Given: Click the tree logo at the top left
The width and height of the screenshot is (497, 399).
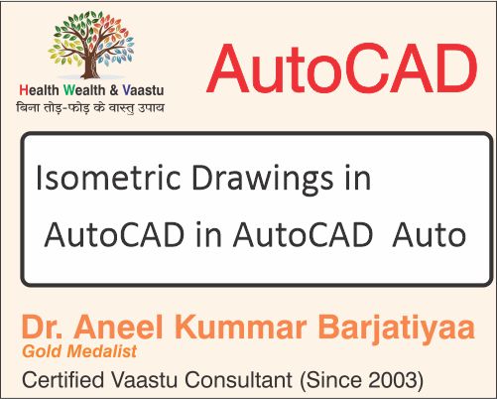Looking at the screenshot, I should pos(92,44).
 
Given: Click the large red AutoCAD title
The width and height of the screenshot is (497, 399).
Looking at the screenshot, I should pos(341,70).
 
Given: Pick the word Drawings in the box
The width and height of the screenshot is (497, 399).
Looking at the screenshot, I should pos(259,182).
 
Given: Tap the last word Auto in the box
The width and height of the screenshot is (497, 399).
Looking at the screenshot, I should pos(429,236).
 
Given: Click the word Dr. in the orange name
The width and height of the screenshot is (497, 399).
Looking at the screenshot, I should pos(46,328).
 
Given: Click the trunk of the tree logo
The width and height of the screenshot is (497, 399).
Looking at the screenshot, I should pos(92,65).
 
